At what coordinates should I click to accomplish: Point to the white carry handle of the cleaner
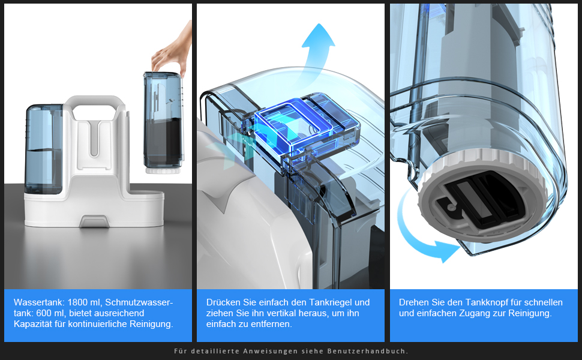[95, 102]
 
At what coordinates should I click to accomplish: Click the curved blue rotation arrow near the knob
[425, 234]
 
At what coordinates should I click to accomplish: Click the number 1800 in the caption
[80, 302]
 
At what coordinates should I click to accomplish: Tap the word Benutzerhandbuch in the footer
[368, 351]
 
